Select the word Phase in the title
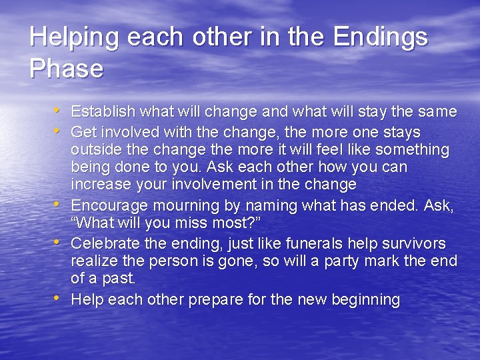[66, 69]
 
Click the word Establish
[103, 111]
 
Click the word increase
[99, 184]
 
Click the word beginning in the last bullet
[366, 300]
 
